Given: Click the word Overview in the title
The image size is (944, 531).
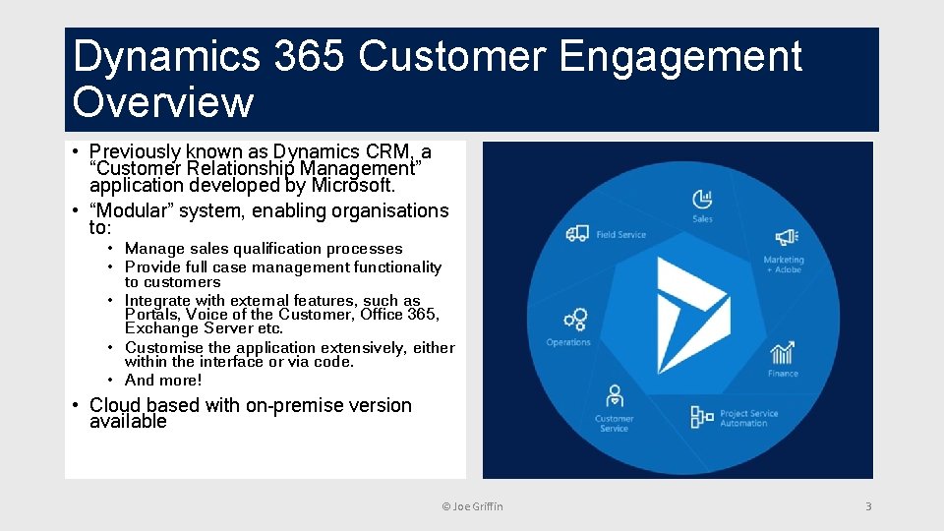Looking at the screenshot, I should point(163,102).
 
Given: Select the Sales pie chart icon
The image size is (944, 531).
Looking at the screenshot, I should point(702,198).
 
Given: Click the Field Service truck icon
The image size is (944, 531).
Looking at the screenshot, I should point(577,234).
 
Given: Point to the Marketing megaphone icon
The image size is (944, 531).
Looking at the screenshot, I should point(785,237).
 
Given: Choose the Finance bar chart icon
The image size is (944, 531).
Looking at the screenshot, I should point(783,353).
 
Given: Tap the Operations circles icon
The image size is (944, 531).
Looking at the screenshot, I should point(574,320).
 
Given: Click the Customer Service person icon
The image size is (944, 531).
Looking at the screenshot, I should point(615,396).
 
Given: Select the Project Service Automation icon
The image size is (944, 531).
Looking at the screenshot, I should point(702,417).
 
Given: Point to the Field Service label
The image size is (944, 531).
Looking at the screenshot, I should point(620,235).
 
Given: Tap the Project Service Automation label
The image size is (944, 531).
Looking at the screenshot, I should point(749,418).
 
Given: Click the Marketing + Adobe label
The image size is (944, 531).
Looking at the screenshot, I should point(784,265).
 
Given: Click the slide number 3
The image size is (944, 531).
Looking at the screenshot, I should point(867,506).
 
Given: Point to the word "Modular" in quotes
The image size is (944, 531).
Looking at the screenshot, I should point(130,210).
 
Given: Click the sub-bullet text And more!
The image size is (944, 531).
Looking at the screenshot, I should point(163,381).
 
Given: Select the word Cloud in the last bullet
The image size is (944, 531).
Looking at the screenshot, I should point(116,405).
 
